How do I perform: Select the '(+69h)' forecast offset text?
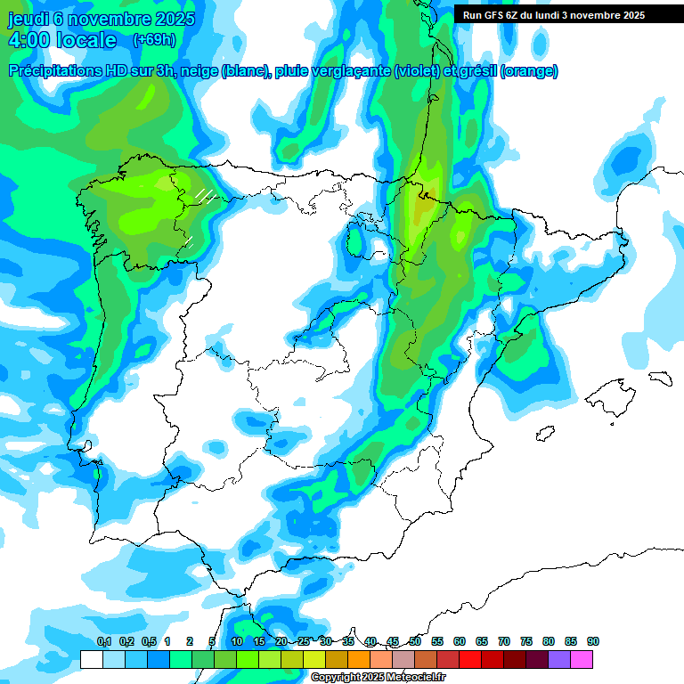pyautogui.click(x=154, y=40)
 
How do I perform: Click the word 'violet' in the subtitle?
pyautogui.click(x=416, y=71)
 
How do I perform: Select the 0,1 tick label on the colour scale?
pyautogui.click(x=103, y=642)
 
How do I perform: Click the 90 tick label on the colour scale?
pyautogui.click(x=593, y=642)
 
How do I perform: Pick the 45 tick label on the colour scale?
pyautogui.click(x=393, y=642)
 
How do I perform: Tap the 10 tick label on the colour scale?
pyautogui.click(x=237, y=642)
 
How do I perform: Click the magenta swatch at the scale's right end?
pyautogui.click(x=582, y=660)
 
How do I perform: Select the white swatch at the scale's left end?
pyautogui.click(x=91, y=660)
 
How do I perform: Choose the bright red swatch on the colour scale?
pyautogui.click(x=470, y=660)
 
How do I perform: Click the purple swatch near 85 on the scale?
pyautogui.click(x=559, y=660)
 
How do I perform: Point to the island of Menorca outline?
pyautogui.click(x=660, y=378)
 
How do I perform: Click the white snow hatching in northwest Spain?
pyautogui.click(x=206, y=194)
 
